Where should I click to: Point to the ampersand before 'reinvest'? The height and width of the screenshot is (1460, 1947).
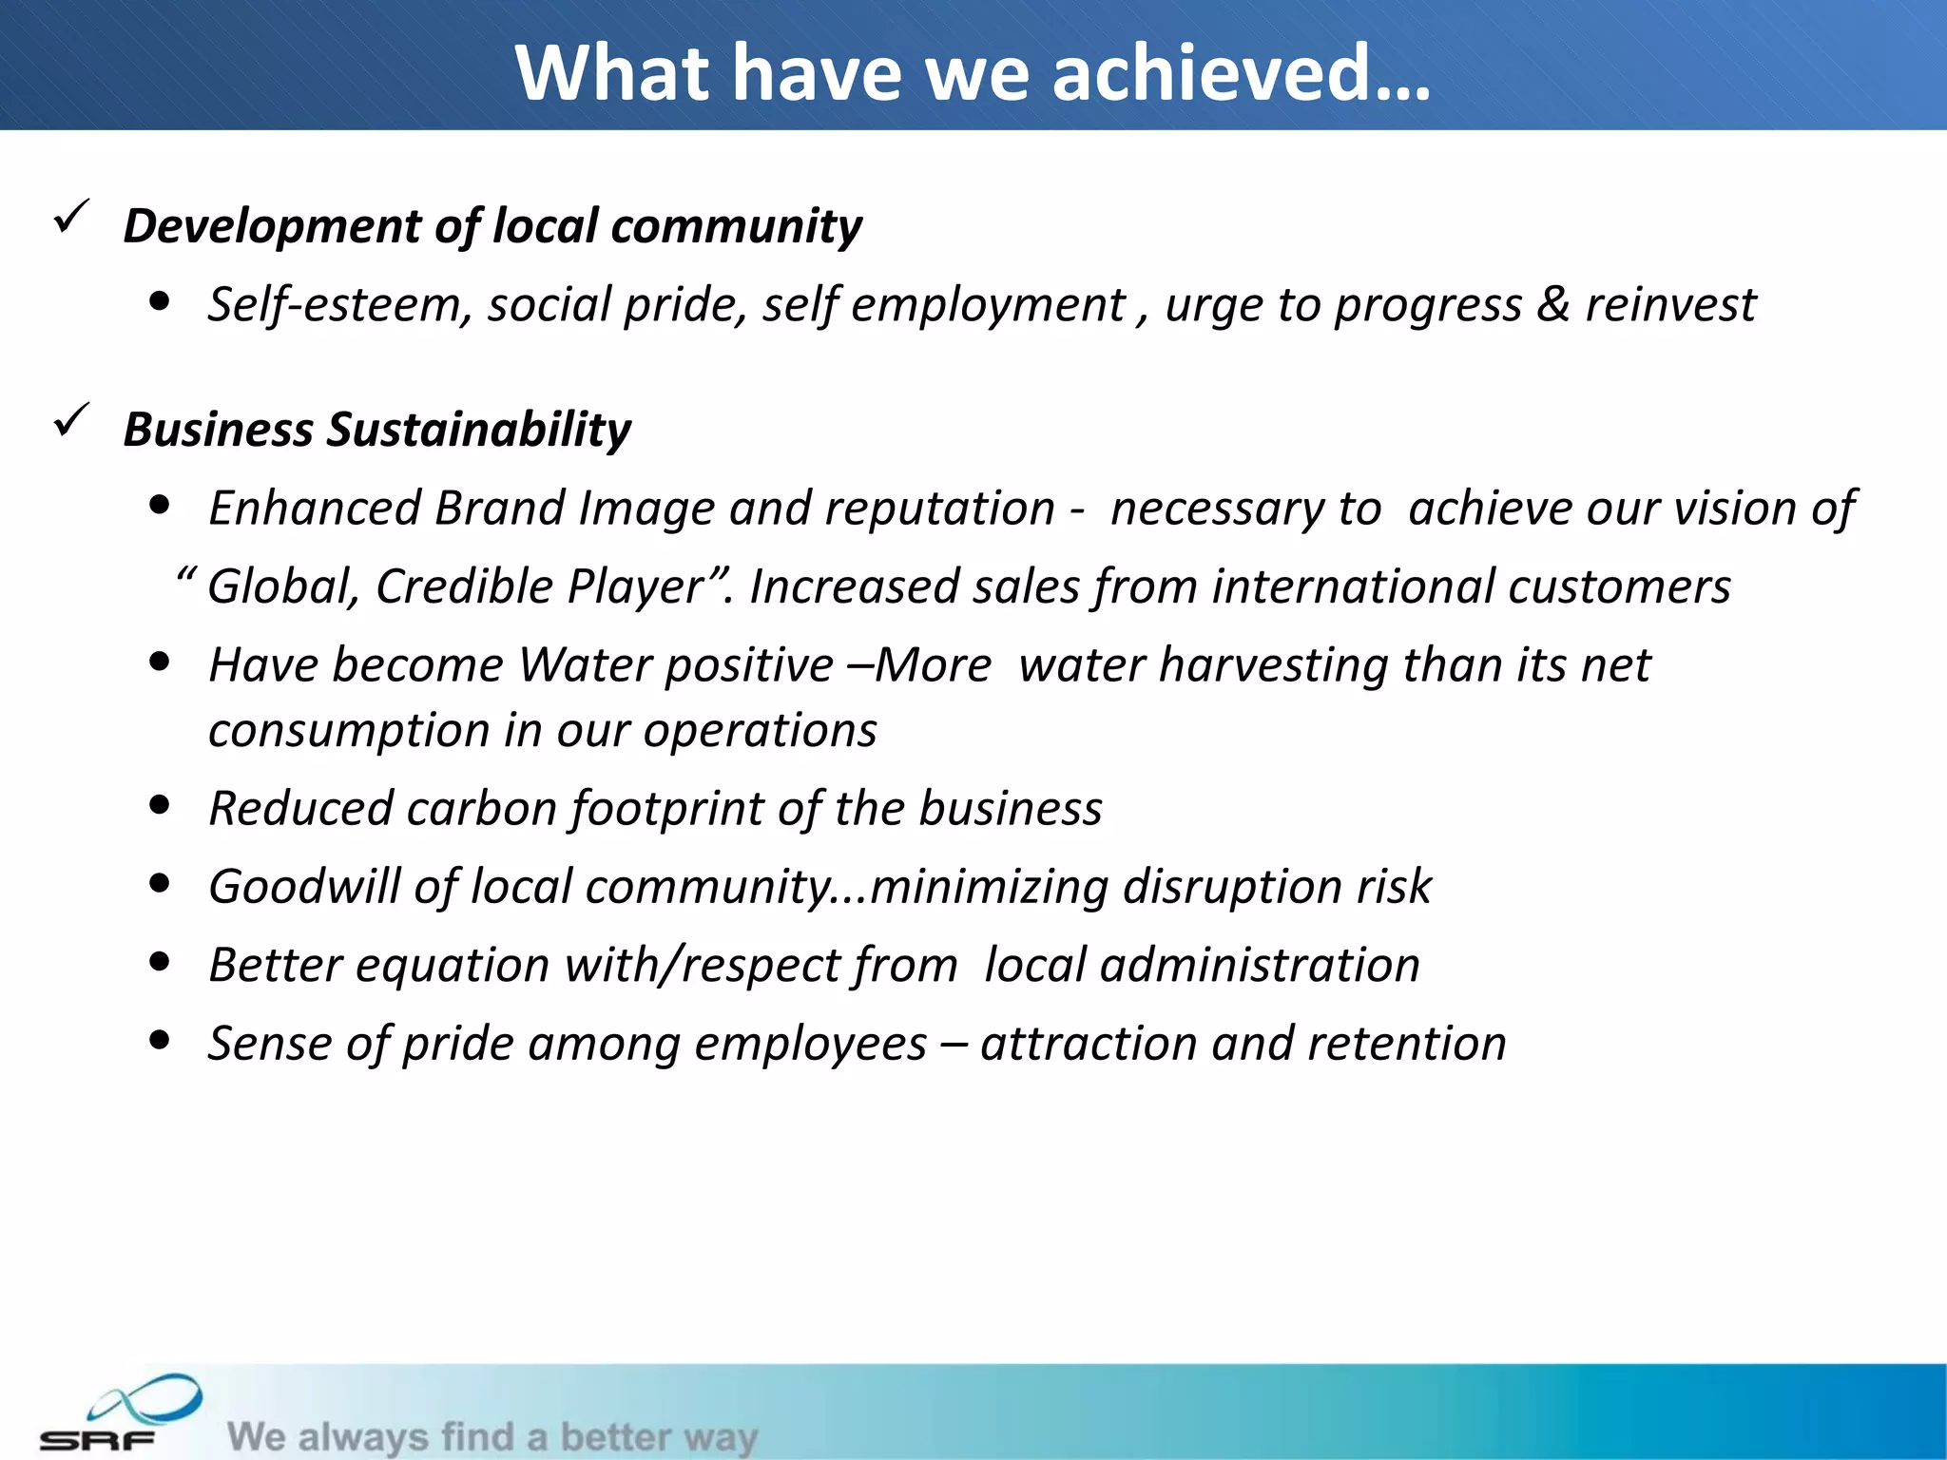1552,304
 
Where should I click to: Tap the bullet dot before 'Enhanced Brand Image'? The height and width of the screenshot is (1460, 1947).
160,506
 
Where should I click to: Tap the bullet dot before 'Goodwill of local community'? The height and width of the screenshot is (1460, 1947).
160,884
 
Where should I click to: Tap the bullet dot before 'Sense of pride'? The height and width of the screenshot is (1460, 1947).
160,1041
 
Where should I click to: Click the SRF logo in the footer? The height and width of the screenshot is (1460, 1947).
119,1413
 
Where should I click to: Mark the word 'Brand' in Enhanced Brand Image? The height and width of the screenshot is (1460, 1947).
498,508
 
